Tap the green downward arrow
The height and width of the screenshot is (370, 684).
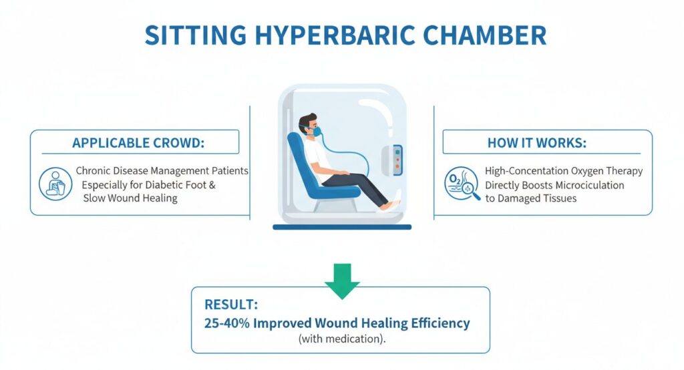(342, 280)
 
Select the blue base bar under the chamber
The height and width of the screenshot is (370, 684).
(341, 227)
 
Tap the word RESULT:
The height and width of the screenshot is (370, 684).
(231, 305)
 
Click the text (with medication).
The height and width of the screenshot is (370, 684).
(342, 339)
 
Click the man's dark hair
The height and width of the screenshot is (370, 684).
(307, 121)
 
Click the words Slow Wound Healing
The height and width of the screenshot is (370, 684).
(131, 198)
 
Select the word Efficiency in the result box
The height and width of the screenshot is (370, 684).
(435, 323)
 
